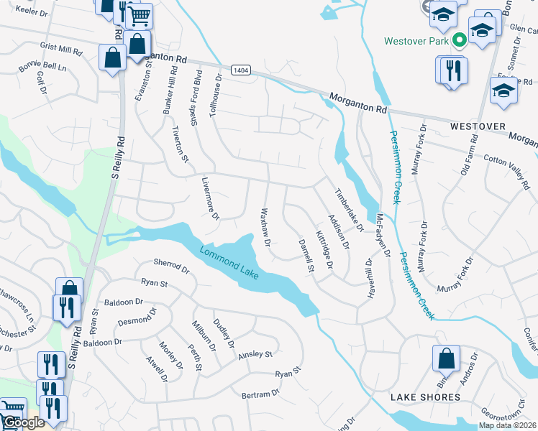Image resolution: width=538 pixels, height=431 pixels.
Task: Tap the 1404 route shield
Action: pos(241,70)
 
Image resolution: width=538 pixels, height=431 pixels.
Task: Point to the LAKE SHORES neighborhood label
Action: pos(425,397)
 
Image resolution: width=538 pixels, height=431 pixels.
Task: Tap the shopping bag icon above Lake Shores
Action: pos(446,358)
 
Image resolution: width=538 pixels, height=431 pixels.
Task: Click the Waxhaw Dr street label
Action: pos(264,227)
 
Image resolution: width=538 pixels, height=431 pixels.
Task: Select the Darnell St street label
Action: pos(306,256)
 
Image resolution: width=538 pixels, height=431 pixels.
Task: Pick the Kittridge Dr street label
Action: pos(324,249)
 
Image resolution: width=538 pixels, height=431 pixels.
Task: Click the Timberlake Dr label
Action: pos(350,209)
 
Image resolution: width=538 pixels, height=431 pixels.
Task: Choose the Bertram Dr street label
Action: pos(260,394)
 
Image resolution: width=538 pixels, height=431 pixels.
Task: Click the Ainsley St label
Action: pos(255,354)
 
